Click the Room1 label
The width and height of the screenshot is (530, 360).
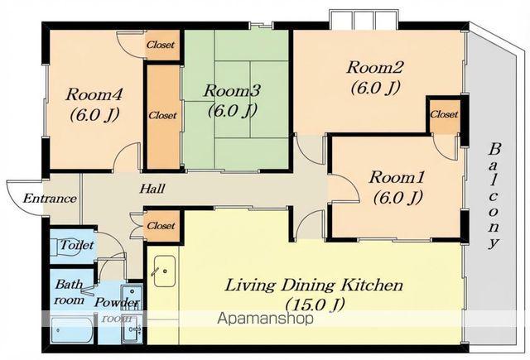point(397,178)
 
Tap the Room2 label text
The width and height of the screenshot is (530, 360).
point(375,67)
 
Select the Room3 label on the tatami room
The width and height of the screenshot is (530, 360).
point(232,91)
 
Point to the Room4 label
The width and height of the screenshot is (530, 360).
point(94,94)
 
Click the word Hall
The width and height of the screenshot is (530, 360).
point(152,189)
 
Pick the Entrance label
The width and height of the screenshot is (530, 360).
point(50,199)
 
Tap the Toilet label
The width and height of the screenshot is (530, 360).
point(77,245)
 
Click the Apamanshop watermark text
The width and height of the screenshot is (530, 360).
point(265,318)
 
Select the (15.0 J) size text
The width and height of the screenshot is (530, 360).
point(315,305)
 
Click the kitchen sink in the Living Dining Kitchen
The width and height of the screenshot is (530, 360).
point(165,271)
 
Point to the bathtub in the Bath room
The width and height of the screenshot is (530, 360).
point(71,330)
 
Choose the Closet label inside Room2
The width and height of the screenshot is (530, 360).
point(444,114)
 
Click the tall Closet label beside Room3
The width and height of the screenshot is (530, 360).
point(162,116)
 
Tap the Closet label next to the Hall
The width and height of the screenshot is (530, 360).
point(161,226)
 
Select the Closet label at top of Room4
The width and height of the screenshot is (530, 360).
point(161,45)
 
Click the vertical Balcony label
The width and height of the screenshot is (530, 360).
point(494,196)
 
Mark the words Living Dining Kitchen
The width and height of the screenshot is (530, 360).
point(314,286)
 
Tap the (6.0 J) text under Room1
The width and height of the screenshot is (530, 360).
point(397,198)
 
